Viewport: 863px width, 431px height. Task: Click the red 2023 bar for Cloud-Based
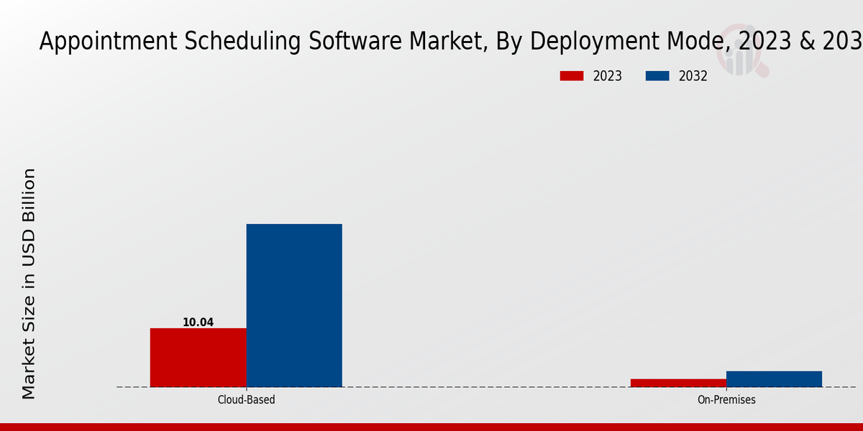[x=198, y=357]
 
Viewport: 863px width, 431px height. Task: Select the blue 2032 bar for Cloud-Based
[x=294, y=305]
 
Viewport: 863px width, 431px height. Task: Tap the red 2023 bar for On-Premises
[x=678, y=383]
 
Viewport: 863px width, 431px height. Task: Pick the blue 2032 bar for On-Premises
[x=774, y=379]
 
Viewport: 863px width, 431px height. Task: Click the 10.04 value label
[x=198, y=323]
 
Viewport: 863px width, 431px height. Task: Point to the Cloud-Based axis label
[x=246, y=399]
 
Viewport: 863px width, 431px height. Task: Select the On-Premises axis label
[x=726, y=399]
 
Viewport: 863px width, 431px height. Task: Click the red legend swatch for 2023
[x=572, y=76]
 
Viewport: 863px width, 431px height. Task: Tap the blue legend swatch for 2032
[x=657, y=76]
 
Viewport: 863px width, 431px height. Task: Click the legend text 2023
[x=608, y=76]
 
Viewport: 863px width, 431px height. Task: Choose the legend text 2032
[x=693, y=76]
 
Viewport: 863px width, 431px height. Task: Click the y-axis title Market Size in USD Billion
[x=29, y=283]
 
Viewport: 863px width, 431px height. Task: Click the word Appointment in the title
[x=98, y=42]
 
